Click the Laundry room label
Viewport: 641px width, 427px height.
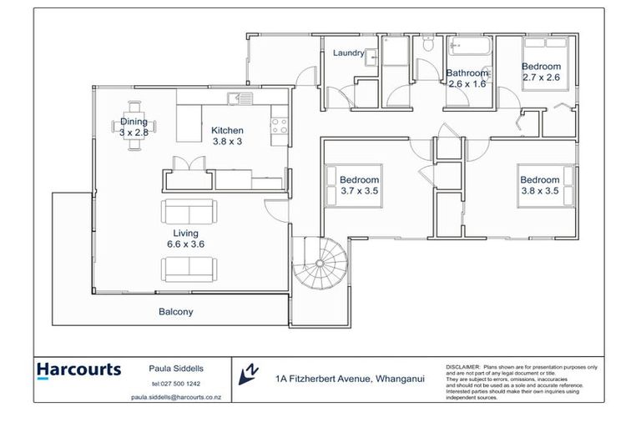pos(349,53)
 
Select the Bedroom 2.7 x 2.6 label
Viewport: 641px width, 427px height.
pos(541,72)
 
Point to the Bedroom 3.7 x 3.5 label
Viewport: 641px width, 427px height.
pos(359,185)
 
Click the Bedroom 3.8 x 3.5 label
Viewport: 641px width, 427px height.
pos(539,185)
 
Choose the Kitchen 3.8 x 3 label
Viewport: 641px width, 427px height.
pos(227,136)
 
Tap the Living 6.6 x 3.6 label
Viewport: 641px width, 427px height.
pos(185,239)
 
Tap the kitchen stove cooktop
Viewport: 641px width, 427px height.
pos(279,126)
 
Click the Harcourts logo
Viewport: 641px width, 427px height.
pos(78,369)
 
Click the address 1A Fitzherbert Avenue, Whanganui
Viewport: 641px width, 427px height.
pos(350,378)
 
